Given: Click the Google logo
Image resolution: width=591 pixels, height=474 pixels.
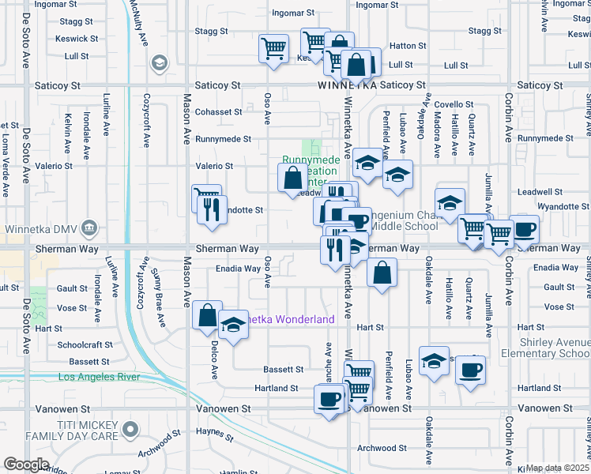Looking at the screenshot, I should coord(26,465).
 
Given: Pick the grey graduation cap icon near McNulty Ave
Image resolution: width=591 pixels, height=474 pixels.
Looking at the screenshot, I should coord(160,62).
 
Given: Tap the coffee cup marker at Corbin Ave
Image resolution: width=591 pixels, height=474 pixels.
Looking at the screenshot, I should coord(524,229).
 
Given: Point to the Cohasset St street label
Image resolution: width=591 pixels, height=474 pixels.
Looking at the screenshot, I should coord(219,112).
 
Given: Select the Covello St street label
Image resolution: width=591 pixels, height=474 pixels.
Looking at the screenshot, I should coord(453,104).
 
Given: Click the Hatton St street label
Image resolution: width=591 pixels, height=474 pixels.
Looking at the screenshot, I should coord(407,46).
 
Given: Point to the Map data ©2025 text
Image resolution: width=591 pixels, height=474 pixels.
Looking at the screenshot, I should coord(558,468).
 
